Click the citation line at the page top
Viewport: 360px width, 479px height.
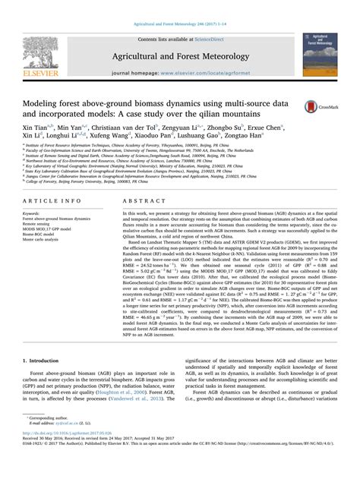179,5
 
